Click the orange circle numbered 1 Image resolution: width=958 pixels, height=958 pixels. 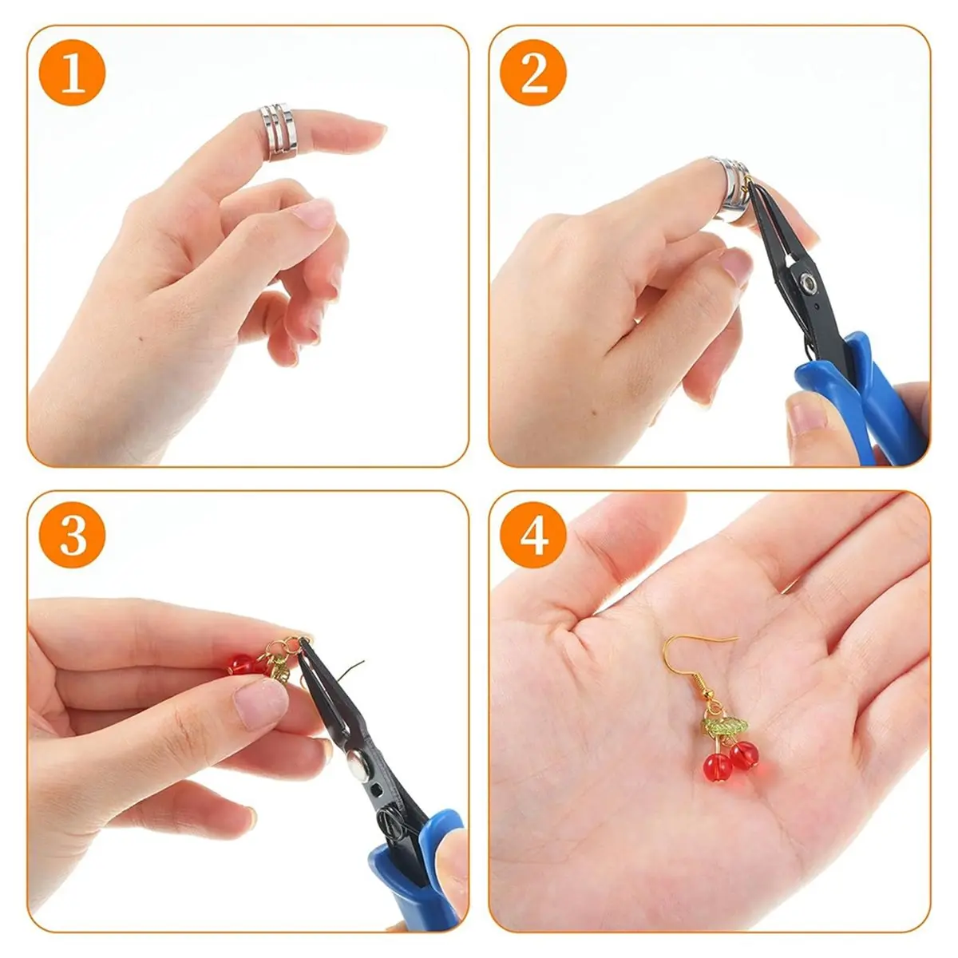[73, 73]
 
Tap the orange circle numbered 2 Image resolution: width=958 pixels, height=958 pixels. [534, 73]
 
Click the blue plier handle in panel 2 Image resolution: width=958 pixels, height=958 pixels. [865, 398]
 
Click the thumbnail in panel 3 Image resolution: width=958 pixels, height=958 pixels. [260, 705]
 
